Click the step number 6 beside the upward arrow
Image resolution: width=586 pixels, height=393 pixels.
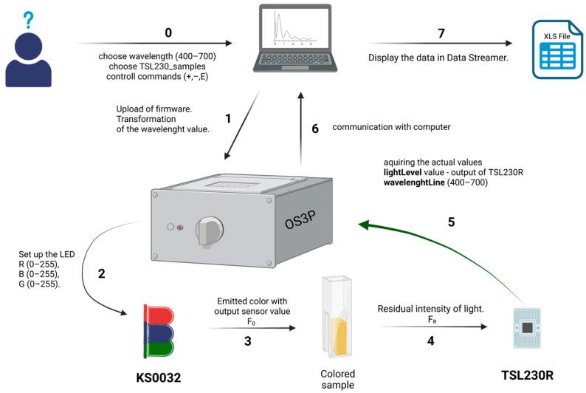315,129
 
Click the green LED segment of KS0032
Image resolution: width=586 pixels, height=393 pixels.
152,347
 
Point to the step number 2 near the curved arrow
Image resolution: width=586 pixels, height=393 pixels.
102,273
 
